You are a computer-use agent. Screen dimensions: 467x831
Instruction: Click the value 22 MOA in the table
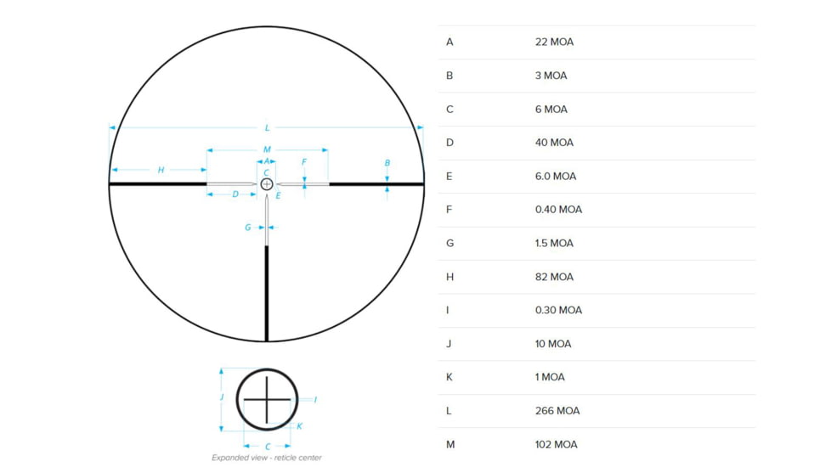(x=554, y=42)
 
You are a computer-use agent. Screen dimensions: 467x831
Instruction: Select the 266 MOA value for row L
(x=557, y=411)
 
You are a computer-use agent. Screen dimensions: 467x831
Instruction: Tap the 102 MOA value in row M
(x=556, y=444)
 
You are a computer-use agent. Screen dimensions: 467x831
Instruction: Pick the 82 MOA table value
(x=554, y=277)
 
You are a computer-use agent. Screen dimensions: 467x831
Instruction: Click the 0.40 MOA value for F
(x=558, y=210)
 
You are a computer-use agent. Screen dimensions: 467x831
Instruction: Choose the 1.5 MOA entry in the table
(x=554, y=243)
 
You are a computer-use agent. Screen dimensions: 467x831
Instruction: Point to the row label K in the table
(x=449, y=377)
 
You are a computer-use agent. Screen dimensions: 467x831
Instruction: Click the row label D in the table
(x=449, y=143)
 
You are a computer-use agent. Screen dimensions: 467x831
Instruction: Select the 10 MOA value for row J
(x=553, y=344)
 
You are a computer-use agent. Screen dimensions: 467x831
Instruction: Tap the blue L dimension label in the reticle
(x=267, y=128)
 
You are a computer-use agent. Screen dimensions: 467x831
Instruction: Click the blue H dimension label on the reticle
(x=161, y=171)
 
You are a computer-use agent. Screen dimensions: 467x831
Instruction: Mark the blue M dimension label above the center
(x=267, y=149)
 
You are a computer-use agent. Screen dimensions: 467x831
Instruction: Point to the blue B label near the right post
(x=387, y=163)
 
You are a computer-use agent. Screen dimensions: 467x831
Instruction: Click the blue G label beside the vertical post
(x=248, y=228)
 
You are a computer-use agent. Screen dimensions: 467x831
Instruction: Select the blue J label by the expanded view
(x=222, y=397)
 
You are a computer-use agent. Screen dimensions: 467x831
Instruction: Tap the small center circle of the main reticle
(x=267, y=183)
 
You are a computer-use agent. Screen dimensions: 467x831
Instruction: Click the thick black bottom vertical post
(x=267, y=293)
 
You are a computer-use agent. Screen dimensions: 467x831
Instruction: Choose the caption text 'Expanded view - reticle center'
(x=267, y=458)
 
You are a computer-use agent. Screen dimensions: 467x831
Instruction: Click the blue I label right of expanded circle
(x=315, y=399)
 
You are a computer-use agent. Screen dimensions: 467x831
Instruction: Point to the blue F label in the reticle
(x=304, y=161)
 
